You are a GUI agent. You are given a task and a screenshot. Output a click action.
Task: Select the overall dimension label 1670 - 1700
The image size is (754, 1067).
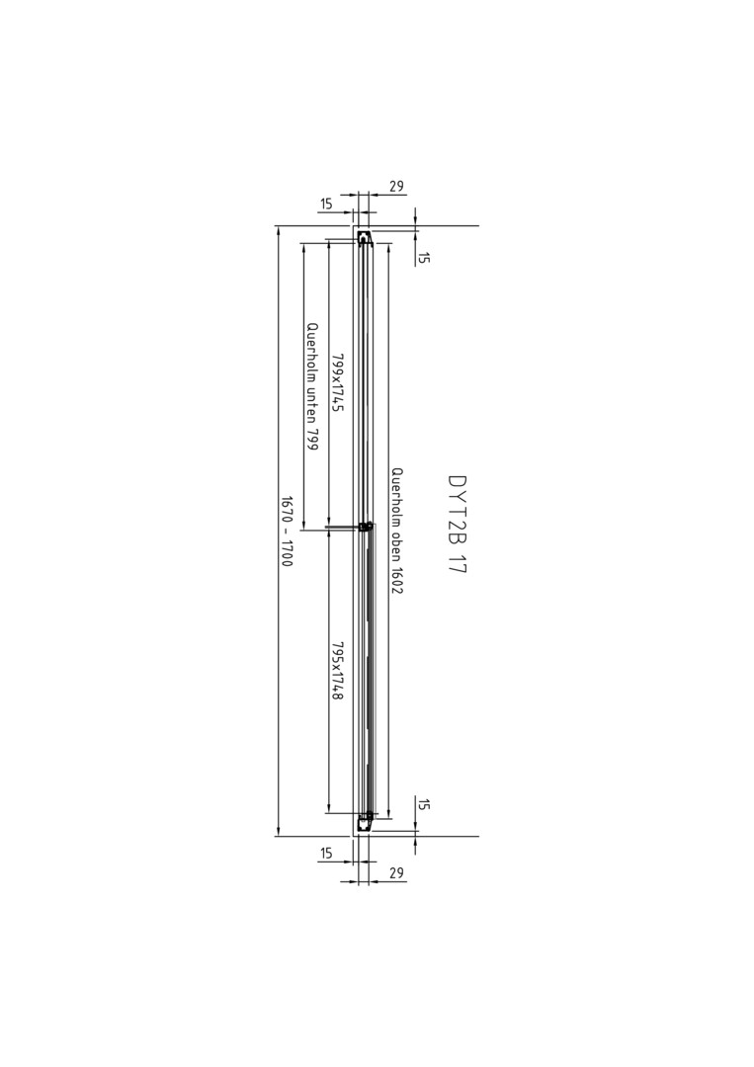tap(287, 532)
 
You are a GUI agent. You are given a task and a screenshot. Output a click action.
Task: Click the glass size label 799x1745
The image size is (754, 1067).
tap(337, 381)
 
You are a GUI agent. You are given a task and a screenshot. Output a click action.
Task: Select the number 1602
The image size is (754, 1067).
tap(397, 581)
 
